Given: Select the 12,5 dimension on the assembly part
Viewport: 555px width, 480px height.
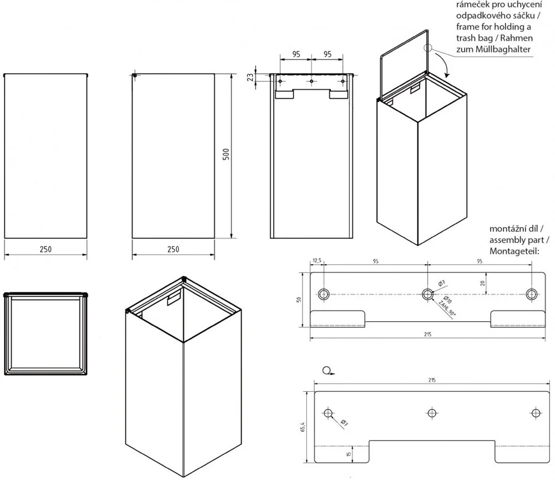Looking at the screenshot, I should pos(317,261).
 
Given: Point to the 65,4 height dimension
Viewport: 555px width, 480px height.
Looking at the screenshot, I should pos(302,427).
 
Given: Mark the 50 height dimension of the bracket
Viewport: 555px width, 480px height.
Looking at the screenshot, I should pos(299,299).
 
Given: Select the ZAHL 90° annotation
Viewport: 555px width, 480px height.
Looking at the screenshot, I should pos(447,307).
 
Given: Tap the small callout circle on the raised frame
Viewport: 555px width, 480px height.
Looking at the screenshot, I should pos(428,48).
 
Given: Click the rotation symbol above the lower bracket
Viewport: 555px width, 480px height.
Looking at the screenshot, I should pos(326,371).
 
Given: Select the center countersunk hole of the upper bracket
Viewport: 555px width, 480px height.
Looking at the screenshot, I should pos(427,294).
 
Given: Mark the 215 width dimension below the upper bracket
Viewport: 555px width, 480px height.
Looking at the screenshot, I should pos(427,335).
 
